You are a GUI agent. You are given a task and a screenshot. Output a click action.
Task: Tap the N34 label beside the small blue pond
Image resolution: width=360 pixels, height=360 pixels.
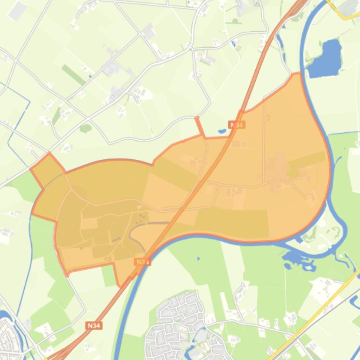(237, 125)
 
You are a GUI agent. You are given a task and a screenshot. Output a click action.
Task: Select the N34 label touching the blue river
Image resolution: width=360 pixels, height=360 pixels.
(142, 262)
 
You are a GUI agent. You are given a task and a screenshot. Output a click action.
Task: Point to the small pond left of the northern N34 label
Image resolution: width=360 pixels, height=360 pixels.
(222, 131)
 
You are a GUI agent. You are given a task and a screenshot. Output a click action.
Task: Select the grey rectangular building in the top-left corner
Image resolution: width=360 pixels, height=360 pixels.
(17, 11)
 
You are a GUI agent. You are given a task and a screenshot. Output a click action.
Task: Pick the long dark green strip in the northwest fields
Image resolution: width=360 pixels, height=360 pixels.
(73, 74)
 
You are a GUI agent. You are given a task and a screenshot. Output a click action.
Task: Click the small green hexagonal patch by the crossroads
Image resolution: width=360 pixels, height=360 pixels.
(85, 128)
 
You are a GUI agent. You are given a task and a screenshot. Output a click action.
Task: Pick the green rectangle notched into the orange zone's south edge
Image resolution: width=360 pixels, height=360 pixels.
(108, 275)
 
